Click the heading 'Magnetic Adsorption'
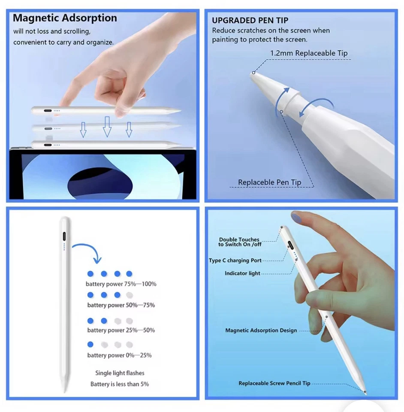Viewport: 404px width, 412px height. pyautogui.click(x=65, y=18)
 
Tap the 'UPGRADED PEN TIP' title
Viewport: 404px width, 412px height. pyautogui.click(x=250, y=20)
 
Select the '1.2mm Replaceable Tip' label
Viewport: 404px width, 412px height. pyautogui.click(x=309, y=53)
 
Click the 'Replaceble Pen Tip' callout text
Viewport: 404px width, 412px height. pyautogui.click(x=269, y=182)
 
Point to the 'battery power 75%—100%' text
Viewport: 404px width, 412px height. pyautogui.click(x=121, y=284)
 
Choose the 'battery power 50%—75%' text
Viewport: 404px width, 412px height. pyautogui.click(x=121, y=305)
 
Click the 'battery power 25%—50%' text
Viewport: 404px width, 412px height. pyautogui.click(x=121, y=330)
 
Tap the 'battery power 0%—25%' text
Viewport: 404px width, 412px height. pyautogui.click(x=119, y=355)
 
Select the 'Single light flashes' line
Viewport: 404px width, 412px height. pyautogui.click(x=120, y=373)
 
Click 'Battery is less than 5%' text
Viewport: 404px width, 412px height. pyautogui.click(x=120, y=384)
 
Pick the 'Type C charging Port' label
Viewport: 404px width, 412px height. pyautogui.click(x=235, y=261)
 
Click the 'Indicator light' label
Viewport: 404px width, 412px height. pyautogui.click(x=242, y=273)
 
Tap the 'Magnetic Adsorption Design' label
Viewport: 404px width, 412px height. pyautogui.click(x=261, y=330)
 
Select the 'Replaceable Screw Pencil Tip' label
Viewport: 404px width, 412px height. pyautogui.click(x=274, y=383)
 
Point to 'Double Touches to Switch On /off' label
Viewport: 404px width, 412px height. pyautogui.click(x=239, y=242)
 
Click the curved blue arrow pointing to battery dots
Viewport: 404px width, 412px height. pyautogui.click(x=88, y=251)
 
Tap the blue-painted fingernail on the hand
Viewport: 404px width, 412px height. pyautogui.click(x=298, y=217)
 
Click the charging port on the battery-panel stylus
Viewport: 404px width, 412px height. pyautogui.click(x=64, y=237)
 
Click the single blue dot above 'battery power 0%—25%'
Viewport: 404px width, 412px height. pyautogui.click(x=90, y=344)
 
